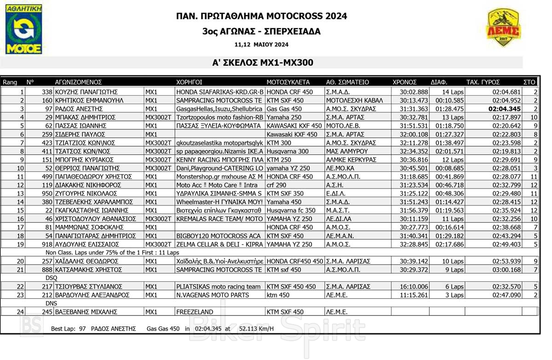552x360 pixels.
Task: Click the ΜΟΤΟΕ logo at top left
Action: pos(24,29)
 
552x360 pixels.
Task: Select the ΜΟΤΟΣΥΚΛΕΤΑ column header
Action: pos(288,82)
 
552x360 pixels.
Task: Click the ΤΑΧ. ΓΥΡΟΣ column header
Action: pos(483,82)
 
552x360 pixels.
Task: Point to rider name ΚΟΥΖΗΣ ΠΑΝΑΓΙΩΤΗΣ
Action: pos(87,92)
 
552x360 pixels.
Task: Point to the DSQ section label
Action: pos(52,278)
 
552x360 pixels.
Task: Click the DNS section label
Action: pos(51,303)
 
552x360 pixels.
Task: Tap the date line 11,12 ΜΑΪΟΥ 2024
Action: pos(261,45)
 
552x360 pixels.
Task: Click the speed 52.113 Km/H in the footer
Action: pos(257,328)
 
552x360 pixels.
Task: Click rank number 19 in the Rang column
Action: pos(20,244)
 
